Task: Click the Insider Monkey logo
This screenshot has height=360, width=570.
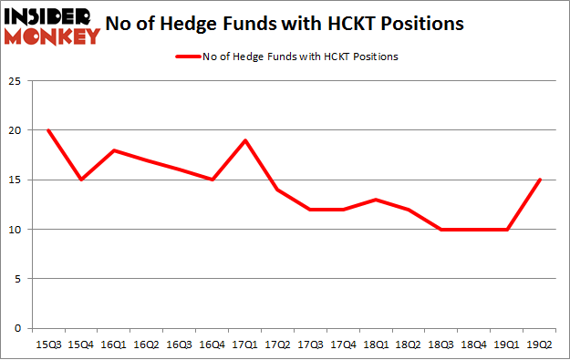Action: (51, 25)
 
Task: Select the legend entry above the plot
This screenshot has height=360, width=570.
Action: (285, 57)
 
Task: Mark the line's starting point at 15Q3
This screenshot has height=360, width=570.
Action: (48, 130)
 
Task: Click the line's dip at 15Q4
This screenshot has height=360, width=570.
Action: (80, 180)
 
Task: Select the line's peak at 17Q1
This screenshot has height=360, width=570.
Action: (245, 140)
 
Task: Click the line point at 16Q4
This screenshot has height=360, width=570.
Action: (212, 180)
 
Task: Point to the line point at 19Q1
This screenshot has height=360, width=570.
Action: (507, 229)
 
